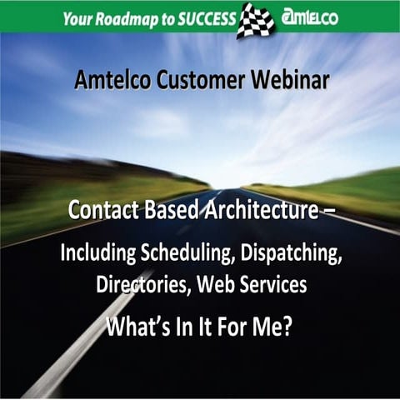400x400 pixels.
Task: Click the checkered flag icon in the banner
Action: [x=257, y=18]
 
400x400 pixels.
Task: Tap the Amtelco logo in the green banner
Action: [x=310, y=17]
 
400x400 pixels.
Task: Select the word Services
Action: [x=270, y=285]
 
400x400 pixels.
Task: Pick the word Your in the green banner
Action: [x=80, y=18]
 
